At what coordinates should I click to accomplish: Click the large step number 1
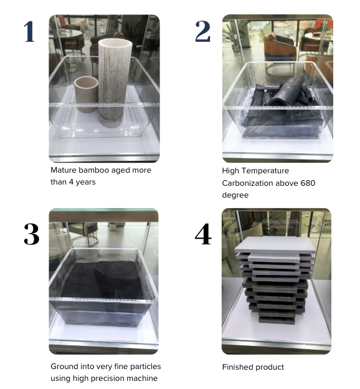pyautogui.click(x=29, y=32)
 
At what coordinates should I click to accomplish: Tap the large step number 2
pyautogui.click(x=203, y=31)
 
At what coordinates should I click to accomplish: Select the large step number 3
pyautogui.click(x=32, y=234)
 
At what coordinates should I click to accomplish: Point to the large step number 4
pyautogui.click(x=203, y=234)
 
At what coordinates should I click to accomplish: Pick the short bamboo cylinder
pyautogui.click(x=86, y=94)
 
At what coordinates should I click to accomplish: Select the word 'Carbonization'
pyautogui.click(x=247, y=183)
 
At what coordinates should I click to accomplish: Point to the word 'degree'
pyautogui.click(x=235, y=195)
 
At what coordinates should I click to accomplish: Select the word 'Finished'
pyautogui.click(x=237, y=367)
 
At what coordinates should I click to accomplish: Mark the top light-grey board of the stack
pyautogui.click(x=275, y=244)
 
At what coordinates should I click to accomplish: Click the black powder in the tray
pyautogui.click(x=102, y=279)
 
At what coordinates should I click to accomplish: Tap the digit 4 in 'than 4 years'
pyautogui.click(x=71, y=182)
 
